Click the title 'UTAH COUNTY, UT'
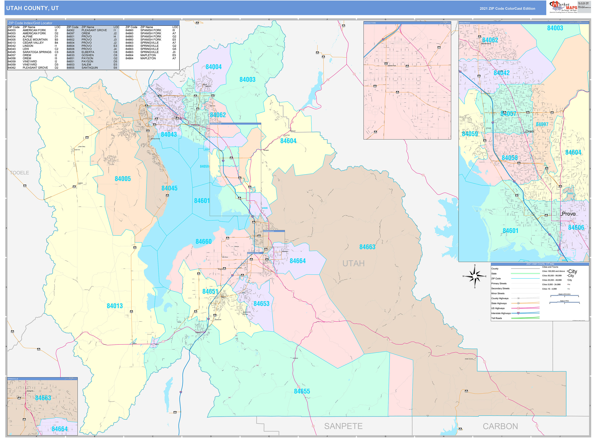(x=32, y=8)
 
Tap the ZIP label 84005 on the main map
(x=123, y=179)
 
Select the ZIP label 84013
(x=115, y=306)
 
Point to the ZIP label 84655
(x=302, y=391)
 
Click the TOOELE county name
(x=20, y=173)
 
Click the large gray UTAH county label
(x=353, y=263)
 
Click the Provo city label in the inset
(x=569, y=214)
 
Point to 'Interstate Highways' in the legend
(x=501, y=313)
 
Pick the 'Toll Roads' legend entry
(x=497, y=318)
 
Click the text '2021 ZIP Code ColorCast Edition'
(x=507, y=8)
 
